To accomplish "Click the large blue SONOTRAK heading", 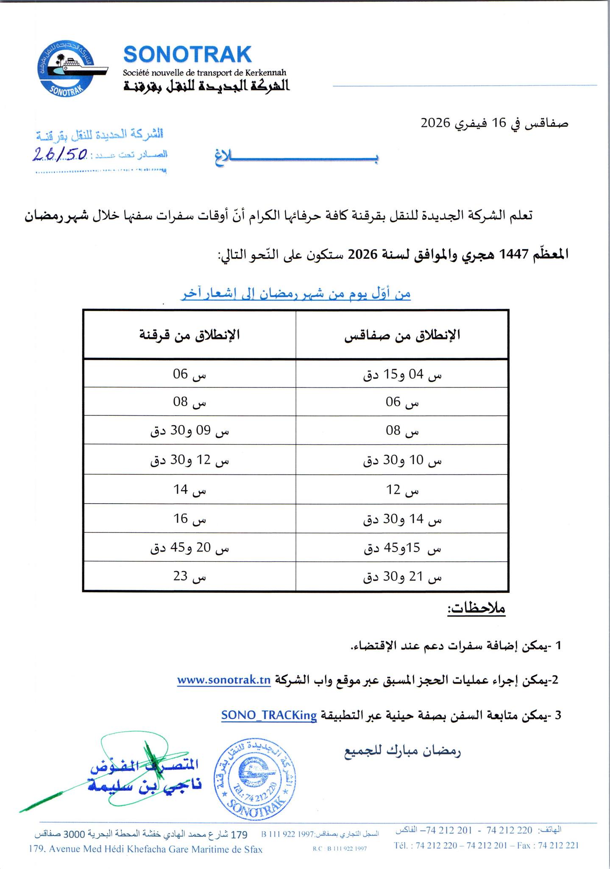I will [x=187, y=55].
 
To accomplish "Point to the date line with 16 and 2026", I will [x=494, y=123].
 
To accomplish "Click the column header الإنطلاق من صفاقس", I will [x=402, y=335].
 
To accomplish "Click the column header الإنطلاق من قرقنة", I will [x=189, y=335].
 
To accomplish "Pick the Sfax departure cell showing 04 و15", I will [x=402, y=375].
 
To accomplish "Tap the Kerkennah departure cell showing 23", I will [x=189, y=577].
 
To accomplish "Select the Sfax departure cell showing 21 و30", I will [x=402, y=577].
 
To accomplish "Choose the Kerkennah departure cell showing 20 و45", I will [x=189, y=548].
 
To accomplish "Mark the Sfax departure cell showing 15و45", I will [x=402, y=549].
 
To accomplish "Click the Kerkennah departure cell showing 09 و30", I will [x=189, y=432].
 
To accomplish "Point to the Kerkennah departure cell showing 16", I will [x=189, y=519].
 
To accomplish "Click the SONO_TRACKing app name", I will [x=269, y=715].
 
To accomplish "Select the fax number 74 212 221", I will [x=558, y=845].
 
